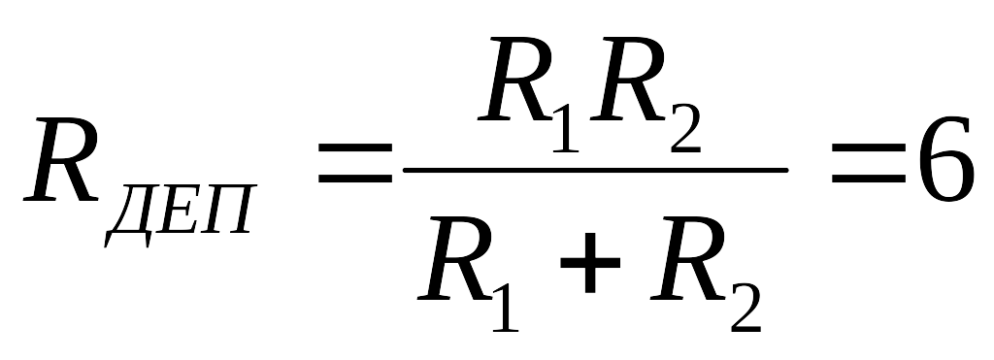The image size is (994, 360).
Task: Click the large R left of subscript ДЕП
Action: (x=60, y=160)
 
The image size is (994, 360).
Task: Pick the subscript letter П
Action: (x=228, y=210)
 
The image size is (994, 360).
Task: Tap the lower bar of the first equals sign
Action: (x=355, y=179)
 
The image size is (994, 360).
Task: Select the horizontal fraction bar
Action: (x=595, y=170)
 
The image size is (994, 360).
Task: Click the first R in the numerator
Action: (x=514, y=79)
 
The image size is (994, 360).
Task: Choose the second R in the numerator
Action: (x=627, y=79)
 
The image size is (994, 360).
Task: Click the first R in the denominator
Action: (x=454, y=258)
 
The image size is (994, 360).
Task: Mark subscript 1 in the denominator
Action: (x=505, y=308)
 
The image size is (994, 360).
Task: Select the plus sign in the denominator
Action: (x=589, y=262)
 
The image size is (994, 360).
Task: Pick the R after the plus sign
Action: (x=687, y=258)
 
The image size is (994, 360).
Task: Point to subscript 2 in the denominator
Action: (x=745, y=308)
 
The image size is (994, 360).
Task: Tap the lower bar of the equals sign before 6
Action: (x=868, y=179)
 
